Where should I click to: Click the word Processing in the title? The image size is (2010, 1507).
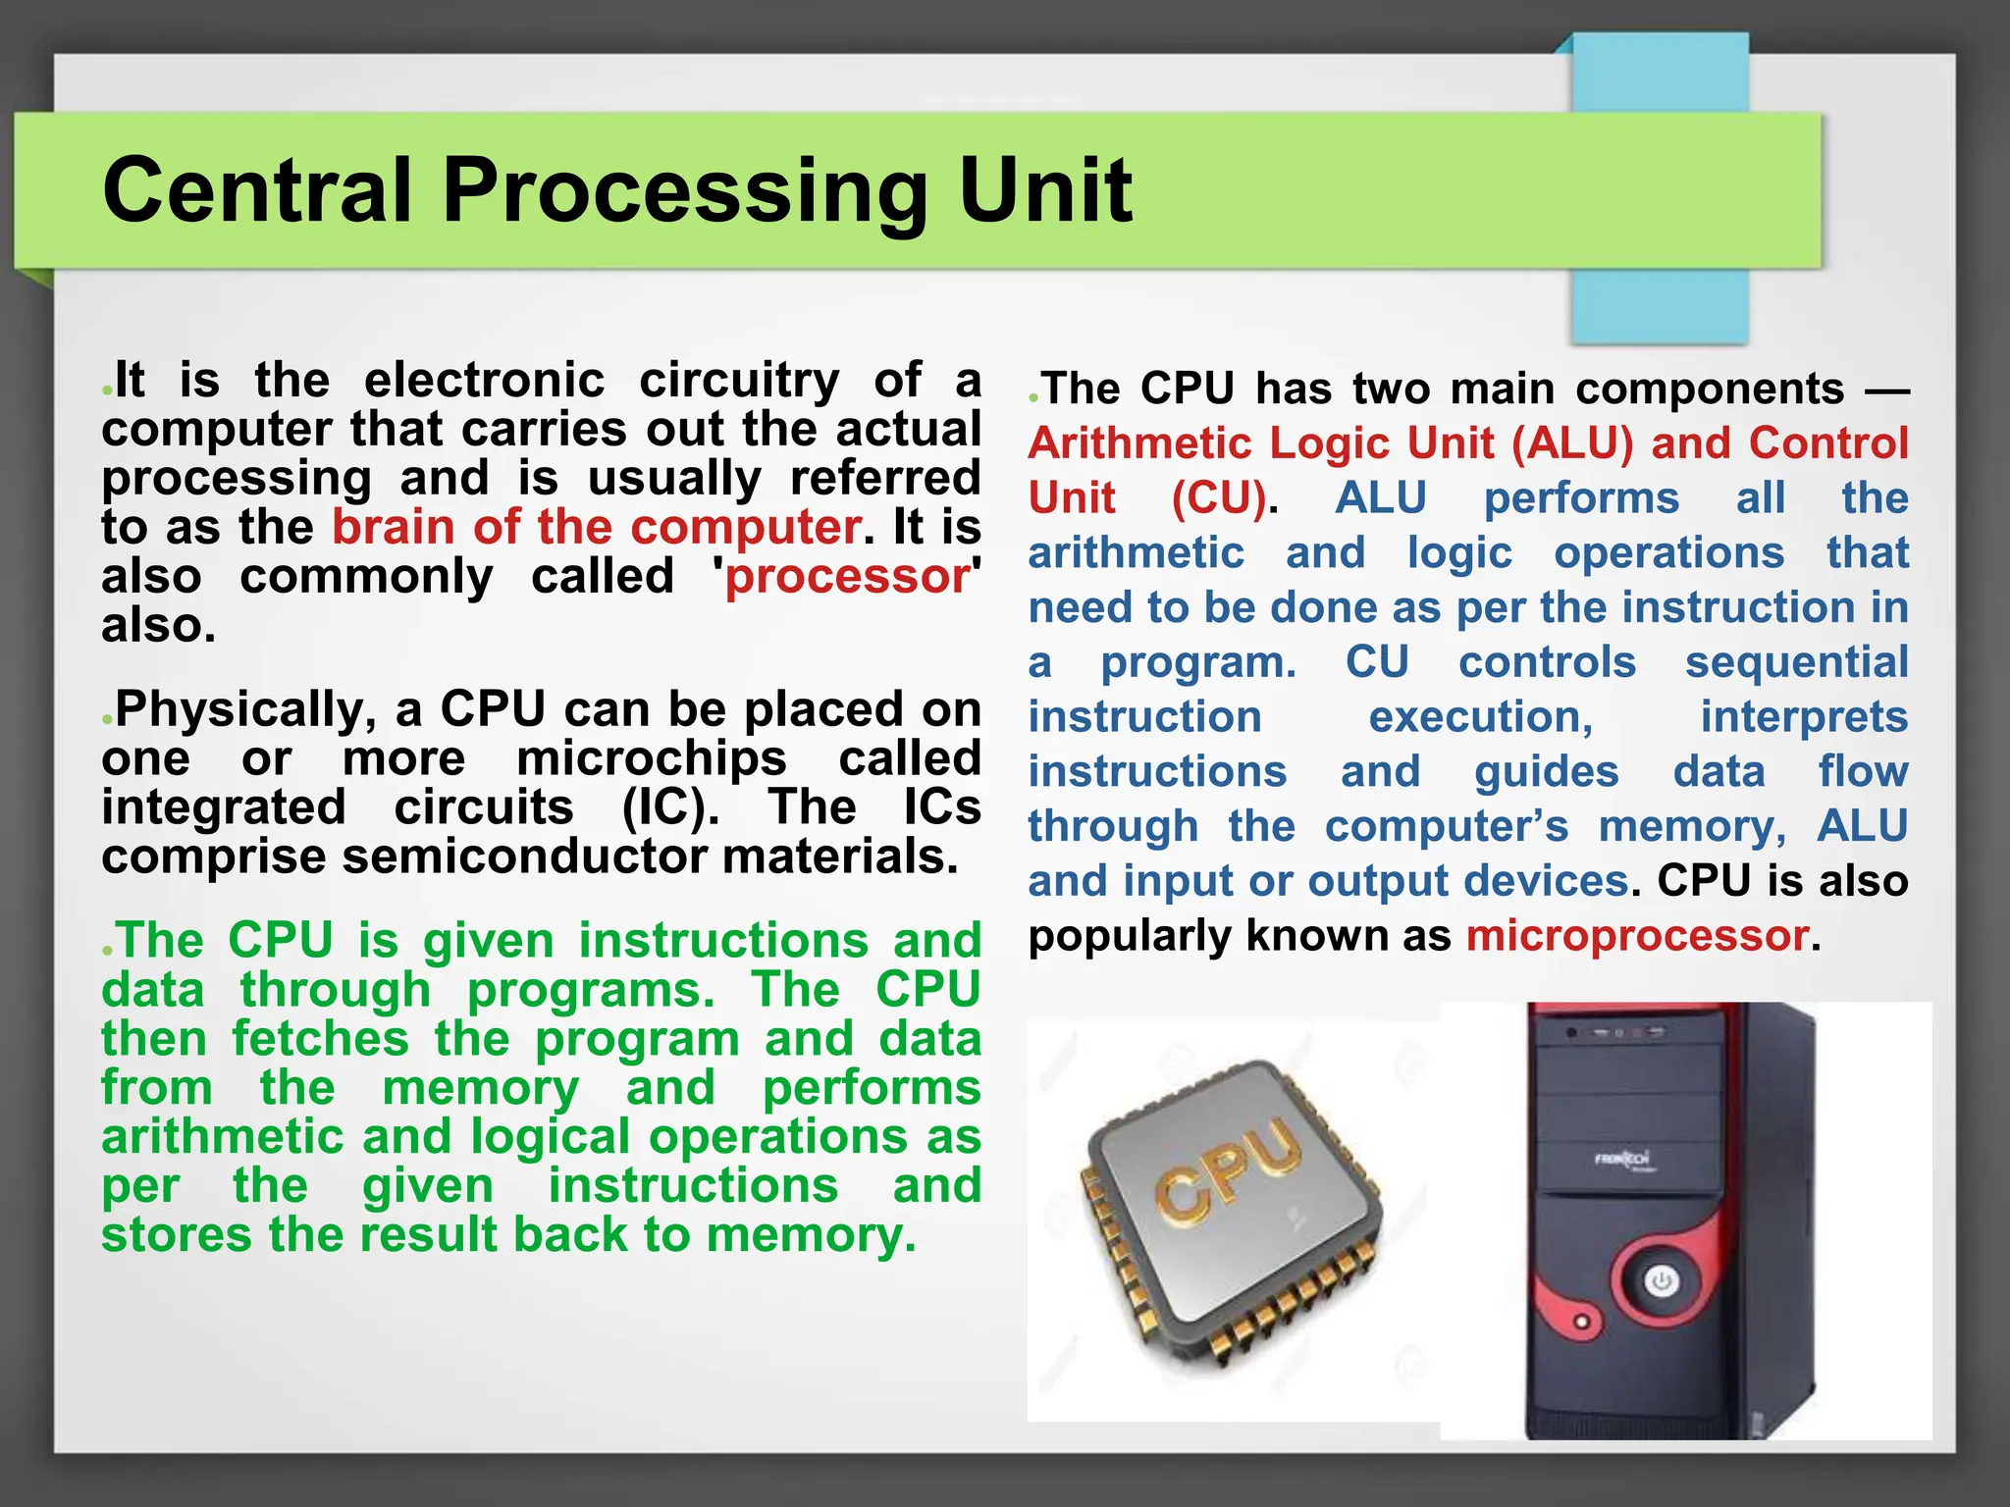[x=684, y=191]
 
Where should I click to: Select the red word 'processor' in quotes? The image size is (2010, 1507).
[x=848, y=576]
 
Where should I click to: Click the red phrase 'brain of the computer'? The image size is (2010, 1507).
[x=597, y=527]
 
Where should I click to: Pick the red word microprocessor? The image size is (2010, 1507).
[x=1637, y=935]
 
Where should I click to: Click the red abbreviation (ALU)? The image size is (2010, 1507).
[x=1572, y=443]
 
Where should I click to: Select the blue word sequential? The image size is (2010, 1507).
[x=1796, y=662]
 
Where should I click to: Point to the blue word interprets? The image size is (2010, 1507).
[x=1804, y=717]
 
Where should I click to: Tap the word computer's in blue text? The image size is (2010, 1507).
[x=1447, y=826]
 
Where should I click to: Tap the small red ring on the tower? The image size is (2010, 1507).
[x=1581, y=1323]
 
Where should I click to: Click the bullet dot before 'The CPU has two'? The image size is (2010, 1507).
[x=1033, y=398]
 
